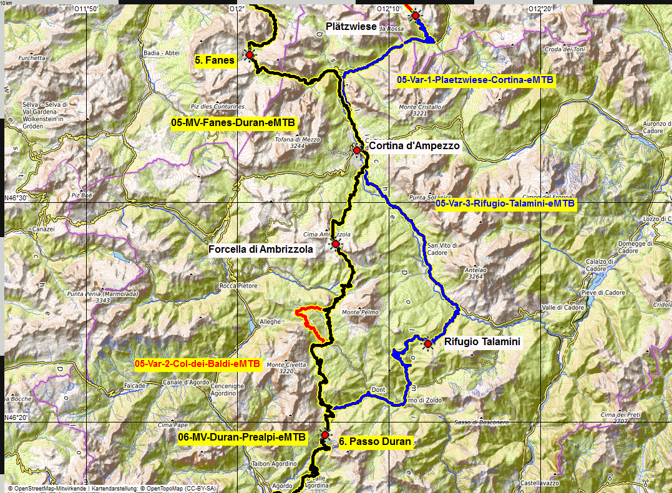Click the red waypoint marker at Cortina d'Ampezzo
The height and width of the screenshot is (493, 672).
pyautogui.click(x=357, y=150)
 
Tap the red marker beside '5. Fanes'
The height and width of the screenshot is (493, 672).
pyautogui.click(x=250, y=56)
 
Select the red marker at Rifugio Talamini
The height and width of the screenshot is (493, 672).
pyautogui.click(x=428, y=343)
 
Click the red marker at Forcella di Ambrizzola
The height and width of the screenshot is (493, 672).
pyautogui.click(x=336, y=244)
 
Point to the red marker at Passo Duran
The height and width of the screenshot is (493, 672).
pyautogui.click(x=324, y=435)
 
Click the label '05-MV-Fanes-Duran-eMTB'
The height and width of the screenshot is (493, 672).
pyautogui.click(x=233, y=124)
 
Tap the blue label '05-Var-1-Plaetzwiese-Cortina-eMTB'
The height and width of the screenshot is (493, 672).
pyautogui.click(x=475, y=80)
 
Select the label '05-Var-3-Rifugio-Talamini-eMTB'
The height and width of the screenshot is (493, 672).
pyautogui.click(x=505, y=203)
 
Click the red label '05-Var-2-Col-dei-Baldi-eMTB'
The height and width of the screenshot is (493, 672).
pyautogui.click(x=197, y=363)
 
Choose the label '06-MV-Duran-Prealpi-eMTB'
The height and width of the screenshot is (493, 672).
pyautogui.click(x=242, y=438)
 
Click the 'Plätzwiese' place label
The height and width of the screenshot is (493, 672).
pyautogui.click(x=351, y=26)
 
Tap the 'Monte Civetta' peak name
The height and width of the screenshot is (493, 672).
pyautogui.click(x=280, y=364)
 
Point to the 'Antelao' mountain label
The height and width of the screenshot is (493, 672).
pyautogui.click(x=475, y=270)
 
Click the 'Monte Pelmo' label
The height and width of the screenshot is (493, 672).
pyautogui.click(x=359, y=312)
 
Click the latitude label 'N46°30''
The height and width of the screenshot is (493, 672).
pyautogui.click(x=17, y=198)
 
